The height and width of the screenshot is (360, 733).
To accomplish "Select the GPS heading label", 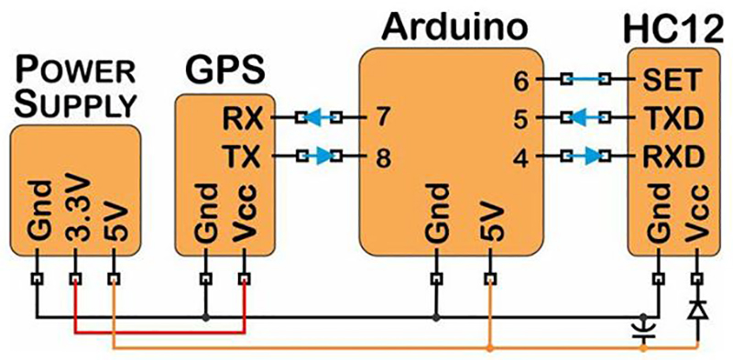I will tap(225, 71).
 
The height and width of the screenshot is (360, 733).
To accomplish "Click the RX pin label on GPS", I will tap(242, 118).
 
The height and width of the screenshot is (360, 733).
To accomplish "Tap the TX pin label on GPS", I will tap(242, 157).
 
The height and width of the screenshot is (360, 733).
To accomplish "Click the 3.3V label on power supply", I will tap(75, 219).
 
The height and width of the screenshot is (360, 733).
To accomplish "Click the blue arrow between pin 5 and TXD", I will tap(578, 118).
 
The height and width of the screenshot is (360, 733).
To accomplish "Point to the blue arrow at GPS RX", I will tap(317, 118).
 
